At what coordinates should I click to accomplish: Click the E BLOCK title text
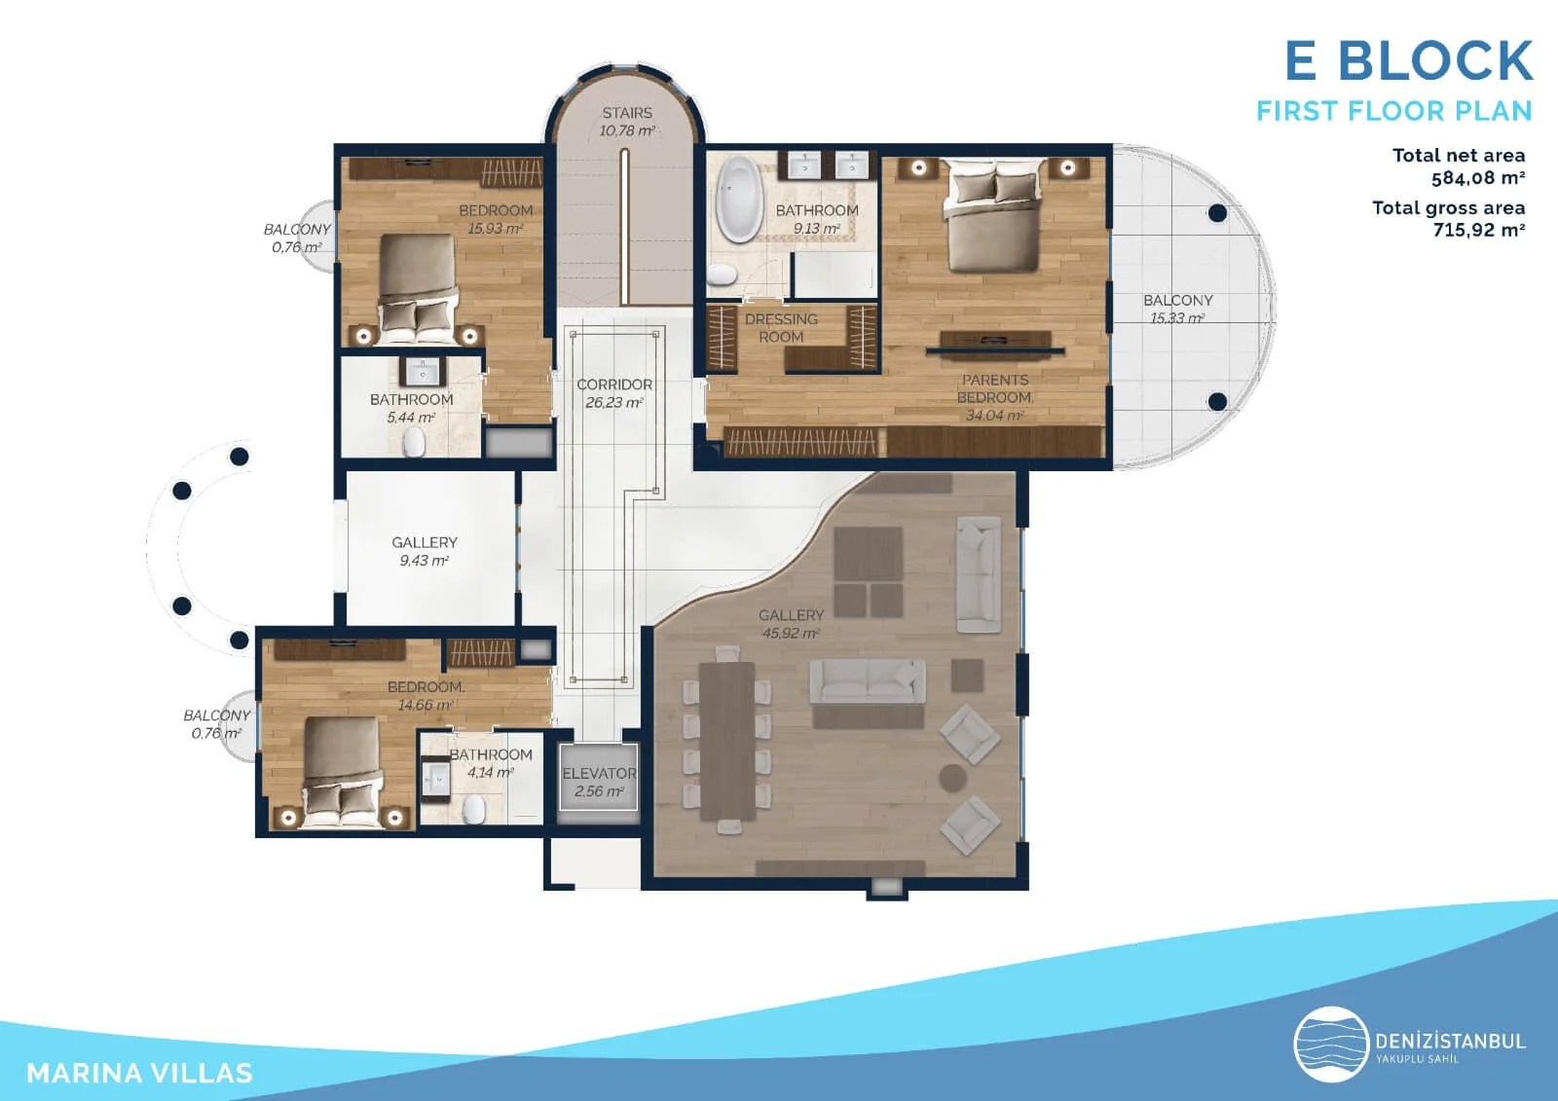1408,61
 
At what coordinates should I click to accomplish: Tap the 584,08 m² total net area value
1477,178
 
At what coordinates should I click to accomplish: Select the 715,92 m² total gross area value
1477,231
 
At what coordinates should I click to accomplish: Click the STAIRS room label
627,113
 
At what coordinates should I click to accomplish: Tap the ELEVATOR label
599,774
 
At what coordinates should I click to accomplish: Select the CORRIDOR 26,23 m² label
614,393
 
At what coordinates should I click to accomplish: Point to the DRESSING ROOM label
781,328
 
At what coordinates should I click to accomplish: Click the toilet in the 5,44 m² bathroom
414,445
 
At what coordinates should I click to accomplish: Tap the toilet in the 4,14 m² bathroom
474,809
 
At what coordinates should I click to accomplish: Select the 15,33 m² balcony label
1177,310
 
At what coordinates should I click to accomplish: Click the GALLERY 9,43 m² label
425,551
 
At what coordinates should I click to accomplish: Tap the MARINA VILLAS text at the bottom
139,1073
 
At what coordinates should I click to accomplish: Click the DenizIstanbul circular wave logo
1331,1046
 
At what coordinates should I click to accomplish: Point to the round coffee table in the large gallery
952,777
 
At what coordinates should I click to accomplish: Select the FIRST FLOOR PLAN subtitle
1393,111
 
